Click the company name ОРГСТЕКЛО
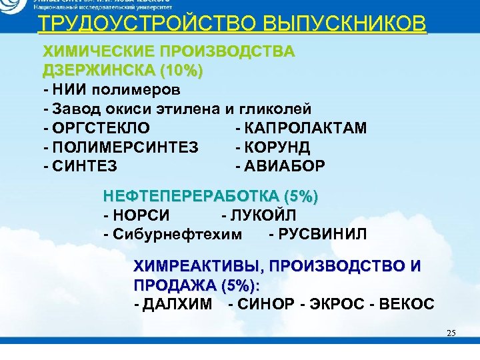click(x=101, y=127)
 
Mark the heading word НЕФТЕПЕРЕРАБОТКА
click(x=193, y=197)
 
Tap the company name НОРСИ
click(x=141, y=215)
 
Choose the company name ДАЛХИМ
click(x=177, y=304)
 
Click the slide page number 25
click(x=451, y=333)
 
